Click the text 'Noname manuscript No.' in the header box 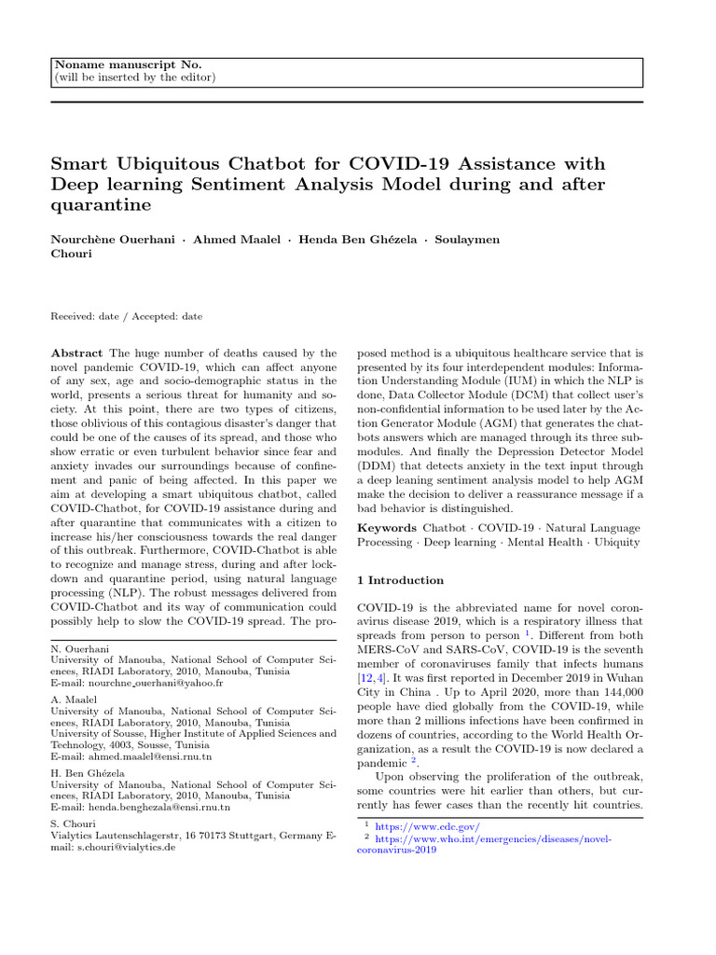point(128,63)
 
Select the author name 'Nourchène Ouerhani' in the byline point(112,240)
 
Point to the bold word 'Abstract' point(77,354)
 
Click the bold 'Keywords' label point(387,529)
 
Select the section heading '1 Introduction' point(400,581)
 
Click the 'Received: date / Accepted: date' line point(126,316)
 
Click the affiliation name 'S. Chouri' point(75,824)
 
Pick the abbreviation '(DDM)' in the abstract point(377,464)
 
